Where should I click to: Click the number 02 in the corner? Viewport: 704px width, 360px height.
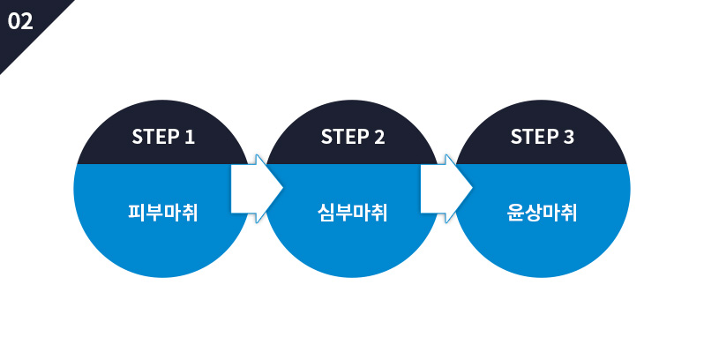tap(20, 21)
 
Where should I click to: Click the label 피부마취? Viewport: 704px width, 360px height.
tap(162, 213)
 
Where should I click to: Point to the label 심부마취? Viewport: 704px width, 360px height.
tap(352, 213)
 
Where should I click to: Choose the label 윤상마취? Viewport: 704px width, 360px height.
tap(542, 213)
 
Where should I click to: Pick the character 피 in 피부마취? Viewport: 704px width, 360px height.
tap(137, 213)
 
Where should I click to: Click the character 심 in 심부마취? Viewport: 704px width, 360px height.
tap(326, 213)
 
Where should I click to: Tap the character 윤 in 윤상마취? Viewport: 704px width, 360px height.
tap(515, 213)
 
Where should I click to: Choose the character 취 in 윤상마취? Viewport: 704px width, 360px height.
tap(568, 213)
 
